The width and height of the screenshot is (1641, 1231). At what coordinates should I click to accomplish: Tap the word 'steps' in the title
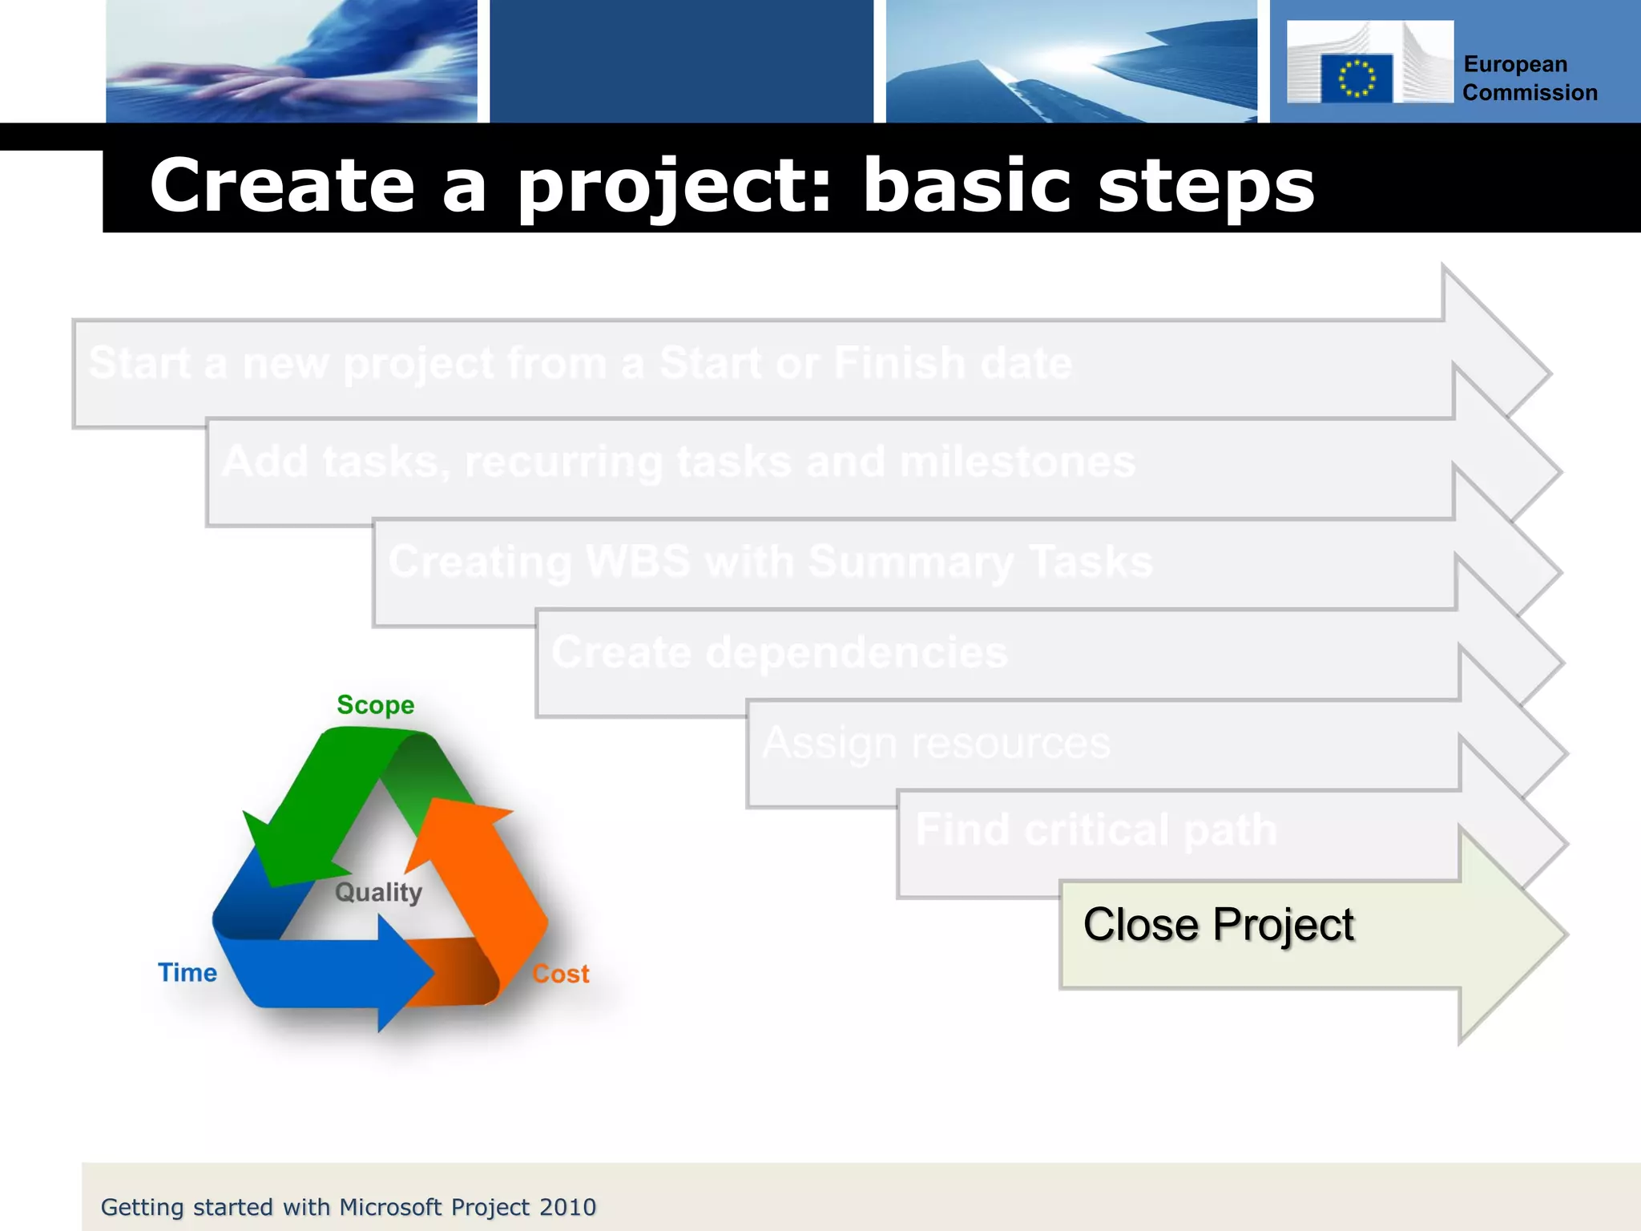tap(1205, 186)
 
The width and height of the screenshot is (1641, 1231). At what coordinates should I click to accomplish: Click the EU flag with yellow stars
tap(1357, 79)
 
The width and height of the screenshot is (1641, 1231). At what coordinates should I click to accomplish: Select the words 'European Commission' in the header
tap(1530, 79)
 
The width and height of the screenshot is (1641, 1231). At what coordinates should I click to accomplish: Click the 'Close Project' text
tap(1218, 925)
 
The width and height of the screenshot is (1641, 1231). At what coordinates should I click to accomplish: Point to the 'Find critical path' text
tap(1095, 829)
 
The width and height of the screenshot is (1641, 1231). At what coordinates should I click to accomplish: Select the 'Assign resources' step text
tap(936, 743)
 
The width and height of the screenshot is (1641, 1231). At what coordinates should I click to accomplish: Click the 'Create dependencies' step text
tap(779, 652)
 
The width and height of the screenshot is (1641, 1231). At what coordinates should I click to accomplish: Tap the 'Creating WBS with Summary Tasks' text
tap(770, 561)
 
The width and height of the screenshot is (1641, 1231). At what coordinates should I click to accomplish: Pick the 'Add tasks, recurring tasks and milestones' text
tap(678, 462)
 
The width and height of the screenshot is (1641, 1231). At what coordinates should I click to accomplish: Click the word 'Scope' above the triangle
tap(375, 705)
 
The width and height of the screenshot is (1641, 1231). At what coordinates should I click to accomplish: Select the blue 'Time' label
tap(187, 973)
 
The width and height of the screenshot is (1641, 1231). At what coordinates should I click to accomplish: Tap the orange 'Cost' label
tap(560, 975)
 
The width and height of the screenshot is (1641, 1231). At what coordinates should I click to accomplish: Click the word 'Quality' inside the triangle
tap(378, 892)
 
